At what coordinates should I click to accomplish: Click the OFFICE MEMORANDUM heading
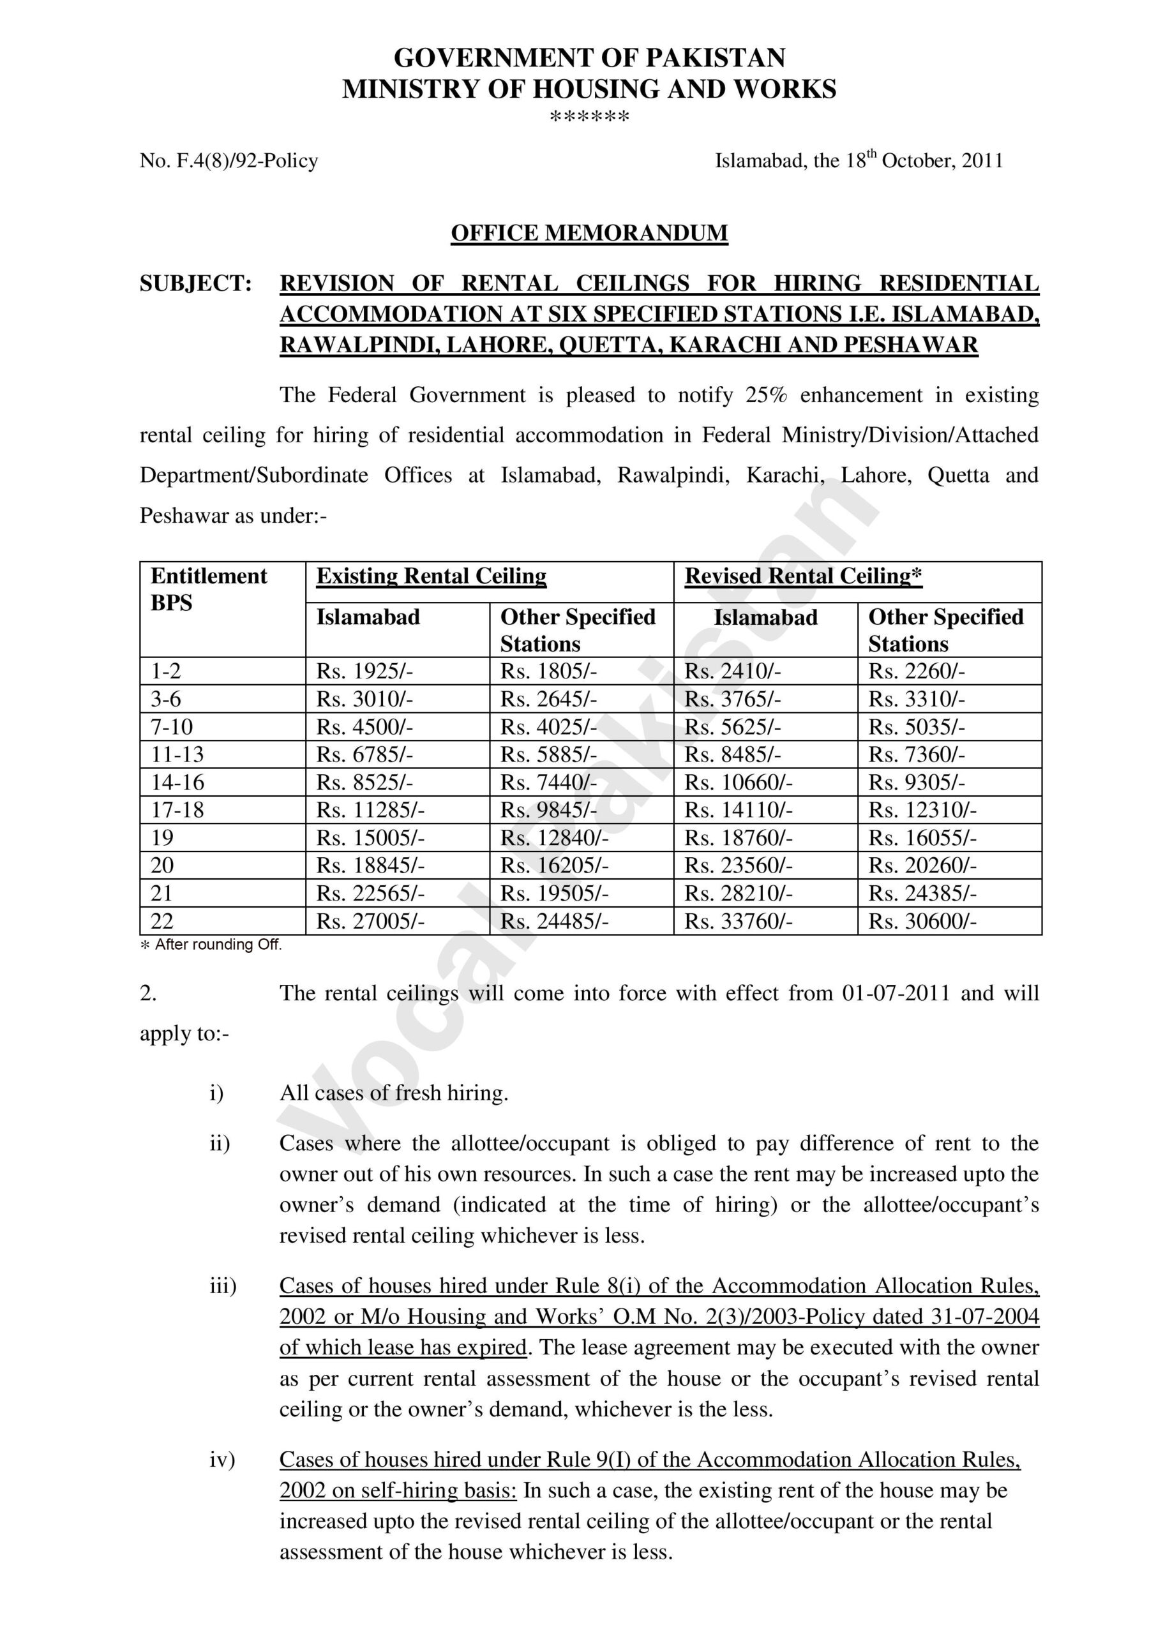[589, 234]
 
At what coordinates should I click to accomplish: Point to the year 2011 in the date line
[982, 161]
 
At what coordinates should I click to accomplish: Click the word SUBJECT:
[196, 284]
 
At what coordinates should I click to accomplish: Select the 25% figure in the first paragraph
[767, 396]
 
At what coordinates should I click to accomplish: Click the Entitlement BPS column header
[209, 589]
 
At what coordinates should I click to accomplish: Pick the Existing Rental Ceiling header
[432, 576]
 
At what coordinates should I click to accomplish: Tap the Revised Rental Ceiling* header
[803, 576]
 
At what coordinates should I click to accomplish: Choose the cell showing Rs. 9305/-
[916, 783]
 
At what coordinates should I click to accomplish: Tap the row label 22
[162, 922]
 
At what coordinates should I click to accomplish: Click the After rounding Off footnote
[212, 945]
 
